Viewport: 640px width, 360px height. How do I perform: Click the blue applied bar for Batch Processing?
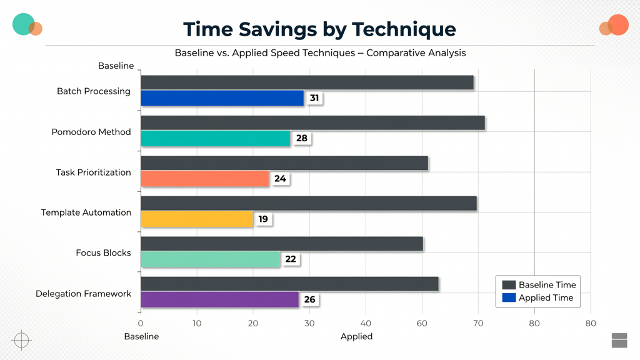222,98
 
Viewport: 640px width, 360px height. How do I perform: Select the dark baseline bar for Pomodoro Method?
313,123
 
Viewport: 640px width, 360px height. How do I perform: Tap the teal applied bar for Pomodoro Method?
216,138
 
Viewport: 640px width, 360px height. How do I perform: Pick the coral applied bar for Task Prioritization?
205,179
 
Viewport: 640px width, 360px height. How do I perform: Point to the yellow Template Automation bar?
197,219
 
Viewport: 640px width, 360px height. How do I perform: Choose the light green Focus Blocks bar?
211,259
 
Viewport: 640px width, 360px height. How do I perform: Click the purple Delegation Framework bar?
220,299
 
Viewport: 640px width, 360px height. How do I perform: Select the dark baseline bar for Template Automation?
309,203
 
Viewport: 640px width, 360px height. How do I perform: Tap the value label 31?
314,98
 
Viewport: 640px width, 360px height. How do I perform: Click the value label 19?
263,219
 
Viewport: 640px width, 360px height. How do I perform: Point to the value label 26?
309,299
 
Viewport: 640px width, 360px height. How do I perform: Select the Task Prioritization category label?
94,172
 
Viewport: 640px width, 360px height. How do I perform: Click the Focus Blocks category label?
103,253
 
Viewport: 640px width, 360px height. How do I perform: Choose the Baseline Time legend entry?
539,285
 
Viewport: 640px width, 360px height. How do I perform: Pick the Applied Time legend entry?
537,298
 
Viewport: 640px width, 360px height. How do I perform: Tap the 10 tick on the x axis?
197,324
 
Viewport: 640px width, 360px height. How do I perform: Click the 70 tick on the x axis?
478,324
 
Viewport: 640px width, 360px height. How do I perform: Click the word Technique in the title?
404,29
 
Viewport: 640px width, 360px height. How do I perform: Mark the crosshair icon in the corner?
22,340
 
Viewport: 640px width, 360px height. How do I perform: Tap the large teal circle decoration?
24,24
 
